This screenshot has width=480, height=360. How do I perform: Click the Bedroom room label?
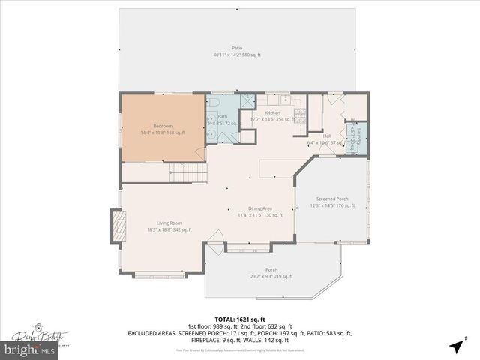coord(163,125)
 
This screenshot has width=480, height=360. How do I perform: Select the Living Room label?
coord(169,223)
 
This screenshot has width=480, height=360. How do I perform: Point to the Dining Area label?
coord(260,208)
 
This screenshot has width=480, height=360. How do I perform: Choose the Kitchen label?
coord(272,112)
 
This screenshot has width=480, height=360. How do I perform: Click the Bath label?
coord(223,116)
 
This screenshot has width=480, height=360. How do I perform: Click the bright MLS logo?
coord(30,350)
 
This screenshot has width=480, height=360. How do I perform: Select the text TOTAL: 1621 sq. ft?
coord(240,319)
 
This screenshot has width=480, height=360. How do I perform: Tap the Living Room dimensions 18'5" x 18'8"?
coord(169,230)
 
